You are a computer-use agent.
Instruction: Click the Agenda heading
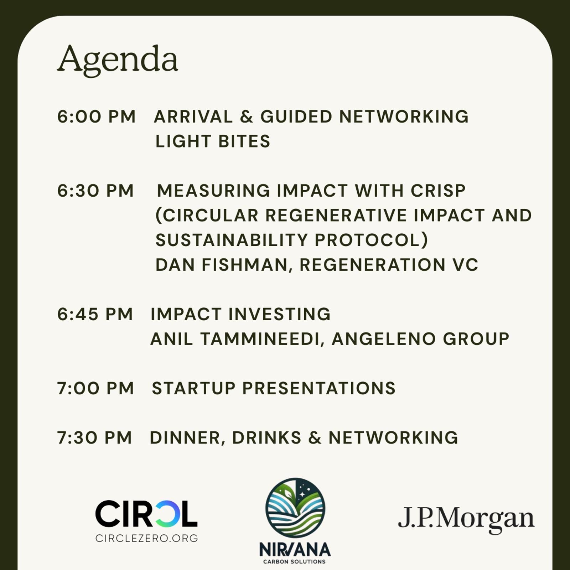tap(118, 60)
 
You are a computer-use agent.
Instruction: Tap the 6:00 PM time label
tap(97, 117)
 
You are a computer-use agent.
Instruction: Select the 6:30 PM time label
tap(95, 191)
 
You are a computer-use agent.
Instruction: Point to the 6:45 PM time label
tap(95, 314)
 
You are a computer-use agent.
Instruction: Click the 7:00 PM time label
tap(95, 388)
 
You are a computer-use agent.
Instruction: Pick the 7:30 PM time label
tap(94, 438)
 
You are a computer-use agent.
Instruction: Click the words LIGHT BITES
tap(213, 141)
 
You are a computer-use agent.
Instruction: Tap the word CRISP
tap(438, 191)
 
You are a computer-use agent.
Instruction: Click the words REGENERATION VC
tap(389, 265)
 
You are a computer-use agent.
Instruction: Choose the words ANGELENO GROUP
tap(420, 339)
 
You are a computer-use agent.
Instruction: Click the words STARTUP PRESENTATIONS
tap(274, 388)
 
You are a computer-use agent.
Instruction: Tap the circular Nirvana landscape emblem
tap(295, 508)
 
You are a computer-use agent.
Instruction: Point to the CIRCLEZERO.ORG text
tap(146, 538)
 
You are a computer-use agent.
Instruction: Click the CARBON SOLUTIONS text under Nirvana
tap(294, 562)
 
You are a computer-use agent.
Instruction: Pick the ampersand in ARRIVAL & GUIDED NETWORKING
tap(246, 117)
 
